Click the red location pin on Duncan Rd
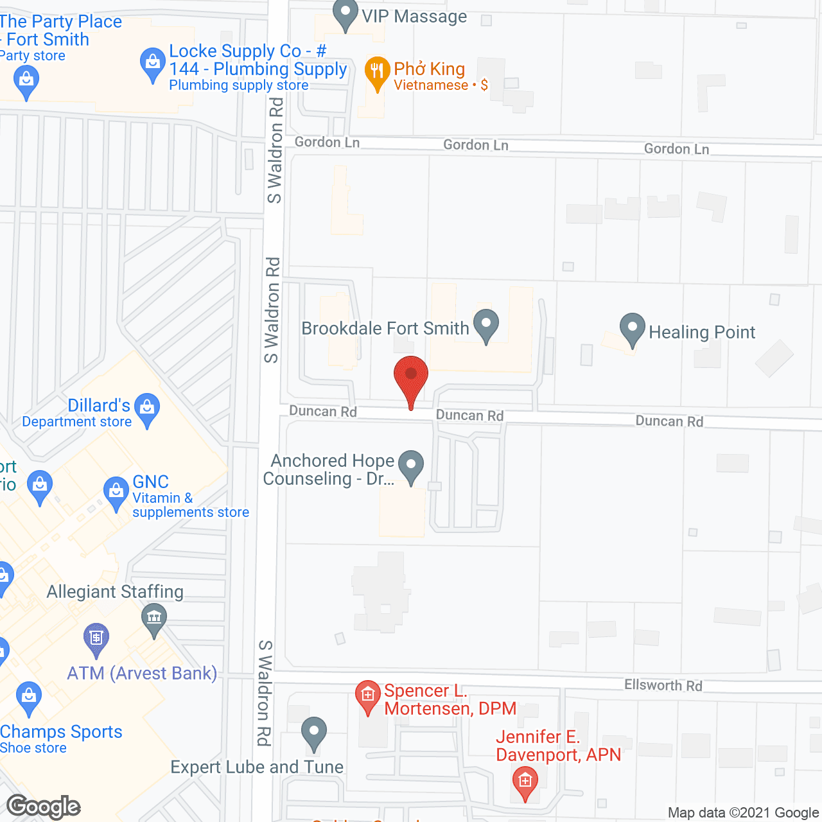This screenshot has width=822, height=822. tap(411, 376)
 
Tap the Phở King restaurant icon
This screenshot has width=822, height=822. tap(377, 71)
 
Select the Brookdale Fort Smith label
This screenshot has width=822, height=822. tap(385, 328)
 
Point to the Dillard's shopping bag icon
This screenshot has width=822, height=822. tap(148, 408)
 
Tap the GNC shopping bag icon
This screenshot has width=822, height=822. tap(116, 491)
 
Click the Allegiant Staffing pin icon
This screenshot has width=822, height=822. tap(154, 618)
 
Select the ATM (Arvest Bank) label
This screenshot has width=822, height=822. tap(142, 673)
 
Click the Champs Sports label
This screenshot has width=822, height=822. tap(61, 731)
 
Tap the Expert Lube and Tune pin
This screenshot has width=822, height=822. tap(313, 731)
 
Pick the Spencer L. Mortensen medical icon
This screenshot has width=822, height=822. tap(367, 695)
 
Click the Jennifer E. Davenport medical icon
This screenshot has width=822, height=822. tap(525, 782)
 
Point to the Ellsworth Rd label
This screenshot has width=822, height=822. tap(663, 685)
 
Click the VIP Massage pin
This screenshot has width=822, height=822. tap(345, 13)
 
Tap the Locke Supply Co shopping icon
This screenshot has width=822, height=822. tap(152, 63)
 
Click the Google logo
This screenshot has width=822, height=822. tap(44, 807)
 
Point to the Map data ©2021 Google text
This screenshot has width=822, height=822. tap(743, 813)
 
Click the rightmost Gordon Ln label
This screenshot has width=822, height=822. tap(676, 149)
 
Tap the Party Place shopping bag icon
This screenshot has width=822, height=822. tap(26, 80)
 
